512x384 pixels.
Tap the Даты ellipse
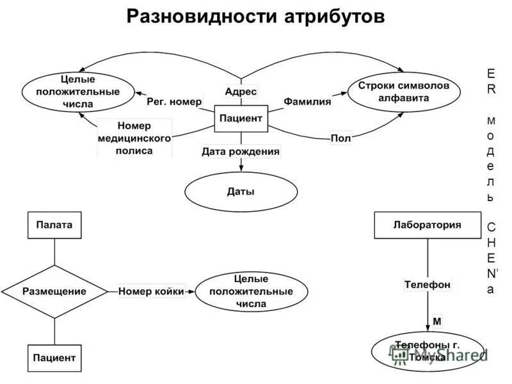pos(241,191)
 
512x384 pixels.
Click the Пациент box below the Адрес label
pos(241,118)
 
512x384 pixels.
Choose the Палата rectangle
pos(54,225)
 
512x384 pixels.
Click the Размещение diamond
pos(54,291)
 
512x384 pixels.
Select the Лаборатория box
pos(427,225)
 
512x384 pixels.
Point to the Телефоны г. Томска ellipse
pos(427,351)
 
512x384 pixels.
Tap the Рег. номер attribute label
pos(174,101)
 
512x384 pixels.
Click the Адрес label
pos(241,92)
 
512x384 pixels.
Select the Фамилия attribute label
pos(307,101)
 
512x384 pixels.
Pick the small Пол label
pos(341,138)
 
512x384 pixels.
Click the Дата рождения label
pos(241,152)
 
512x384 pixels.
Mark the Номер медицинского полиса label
pos(134,138)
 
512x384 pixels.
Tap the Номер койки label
pos(151,291)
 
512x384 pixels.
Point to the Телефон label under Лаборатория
pos(427,284)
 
